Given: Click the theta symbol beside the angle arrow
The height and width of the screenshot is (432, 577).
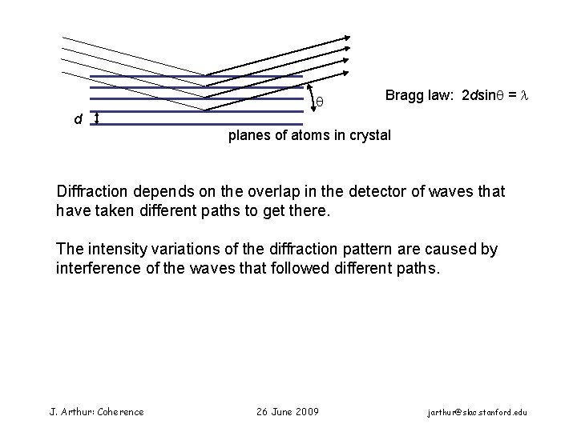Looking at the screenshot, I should click(319, 102).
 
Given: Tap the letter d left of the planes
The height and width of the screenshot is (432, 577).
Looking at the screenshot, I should click(77, 120).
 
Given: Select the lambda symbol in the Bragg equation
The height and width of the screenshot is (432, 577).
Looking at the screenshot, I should click(526, 96).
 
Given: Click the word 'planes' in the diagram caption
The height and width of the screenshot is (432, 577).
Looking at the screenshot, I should click(248, 135).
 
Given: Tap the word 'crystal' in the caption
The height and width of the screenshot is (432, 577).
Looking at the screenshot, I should click(369, 135).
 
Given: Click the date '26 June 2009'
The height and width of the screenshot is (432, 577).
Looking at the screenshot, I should click(287, 411).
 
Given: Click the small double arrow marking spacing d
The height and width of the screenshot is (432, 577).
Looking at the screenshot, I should click(97, 119).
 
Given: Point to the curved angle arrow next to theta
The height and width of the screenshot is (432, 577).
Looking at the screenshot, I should click(309, 96).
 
